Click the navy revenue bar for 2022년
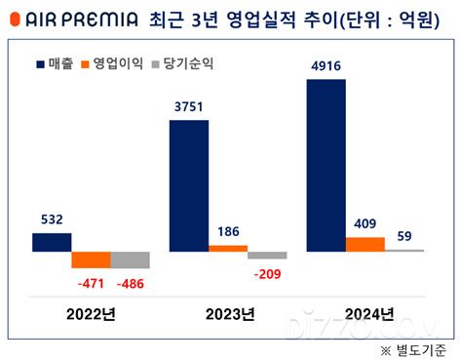52,242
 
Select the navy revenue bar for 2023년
188,185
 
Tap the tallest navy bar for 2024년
326,165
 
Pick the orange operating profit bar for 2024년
364,244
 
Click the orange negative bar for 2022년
91,260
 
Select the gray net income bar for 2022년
130,260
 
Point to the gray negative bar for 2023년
267,255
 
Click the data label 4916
326,66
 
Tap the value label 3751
188,107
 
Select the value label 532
52,220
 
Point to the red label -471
91,284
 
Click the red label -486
131,284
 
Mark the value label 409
364,224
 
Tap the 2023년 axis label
228,314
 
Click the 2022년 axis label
91,314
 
